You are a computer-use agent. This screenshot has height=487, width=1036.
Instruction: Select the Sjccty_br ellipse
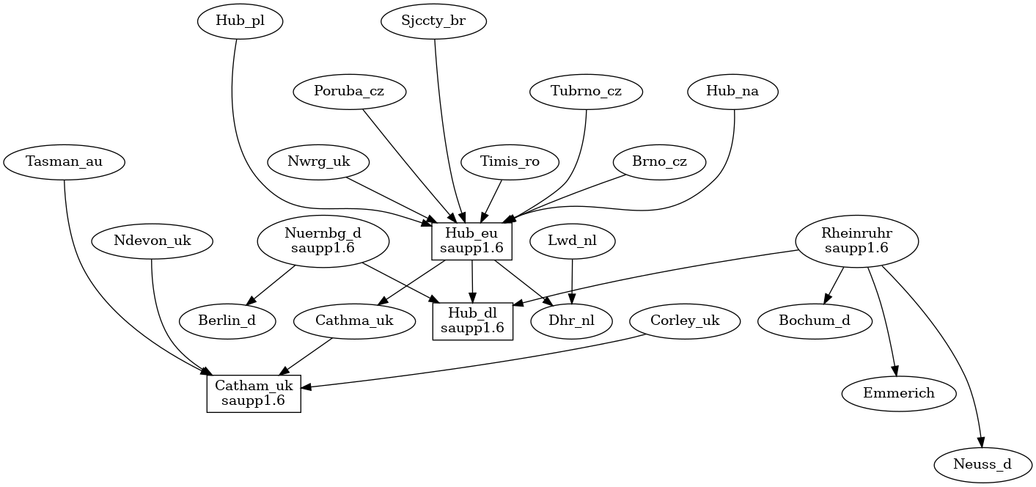[x=434, y=21]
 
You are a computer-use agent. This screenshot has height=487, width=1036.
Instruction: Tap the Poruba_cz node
[x=349, y=92]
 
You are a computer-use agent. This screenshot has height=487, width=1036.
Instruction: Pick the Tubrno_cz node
[x=586, y=92]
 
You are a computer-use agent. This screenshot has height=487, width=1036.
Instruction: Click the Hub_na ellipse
[x=732, y=92]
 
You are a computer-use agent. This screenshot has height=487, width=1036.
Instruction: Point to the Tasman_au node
[x=64, y=162]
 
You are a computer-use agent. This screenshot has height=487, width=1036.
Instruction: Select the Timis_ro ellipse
[x=510, y=162]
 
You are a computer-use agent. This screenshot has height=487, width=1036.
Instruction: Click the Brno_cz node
[x=659, y=162]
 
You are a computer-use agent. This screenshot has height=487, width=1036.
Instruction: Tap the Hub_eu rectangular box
[x=471, y=240]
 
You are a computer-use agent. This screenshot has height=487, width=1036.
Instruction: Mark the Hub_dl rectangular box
[x=472, y=321]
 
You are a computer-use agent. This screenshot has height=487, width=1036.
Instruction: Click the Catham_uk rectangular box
[x=254, y=393]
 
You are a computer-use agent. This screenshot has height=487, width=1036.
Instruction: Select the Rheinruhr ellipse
[x=856, y=240]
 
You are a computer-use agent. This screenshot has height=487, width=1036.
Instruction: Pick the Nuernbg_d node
[x=323, y=240]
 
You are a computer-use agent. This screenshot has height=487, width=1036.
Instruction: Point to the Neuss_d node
[x=983, y=464]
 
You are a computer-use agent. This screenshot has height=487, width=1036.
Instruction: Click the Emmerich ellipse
[x=899, y=393]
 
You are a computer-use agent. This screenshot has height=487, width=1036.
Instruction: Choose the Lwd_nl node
[x=572, y=240]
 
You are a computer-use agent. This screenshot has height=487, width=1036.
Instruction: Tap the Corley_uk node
[x=685, y=321]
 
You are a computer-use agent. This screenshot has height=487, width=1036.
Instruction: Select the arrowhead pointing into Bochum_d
[x=827, y=299]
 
